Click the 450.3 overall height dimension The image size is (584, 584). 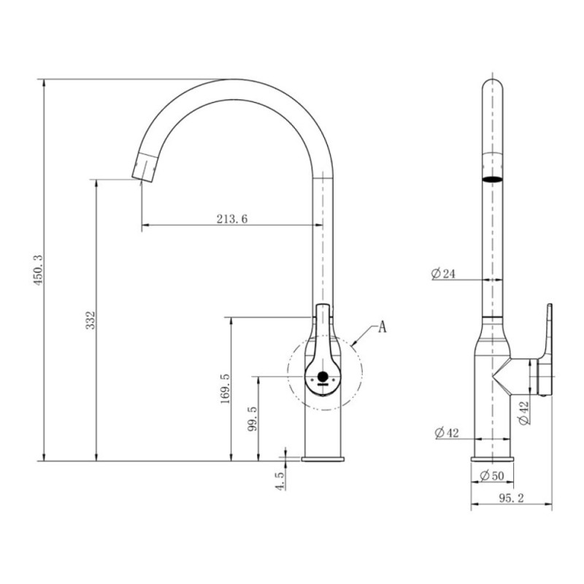coord(39,270)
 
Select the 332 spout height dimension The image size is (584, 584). coord(91,320)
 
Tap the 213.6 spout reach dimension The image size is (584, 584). coord(232,218)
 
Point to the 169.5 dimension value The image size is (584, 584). coord(226,389)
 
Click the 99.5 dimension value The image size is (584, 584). coord(253,418)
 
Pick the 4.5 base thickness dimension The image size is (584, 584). coord(280,480)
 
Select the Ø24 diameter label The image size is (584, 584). coord(443,274)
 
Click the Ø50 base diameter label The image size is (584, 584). coord(491,476)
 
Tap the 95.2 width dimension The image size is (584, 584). coord(512,499)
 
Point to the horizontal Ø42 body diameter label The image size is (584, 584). coord(447,433)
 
